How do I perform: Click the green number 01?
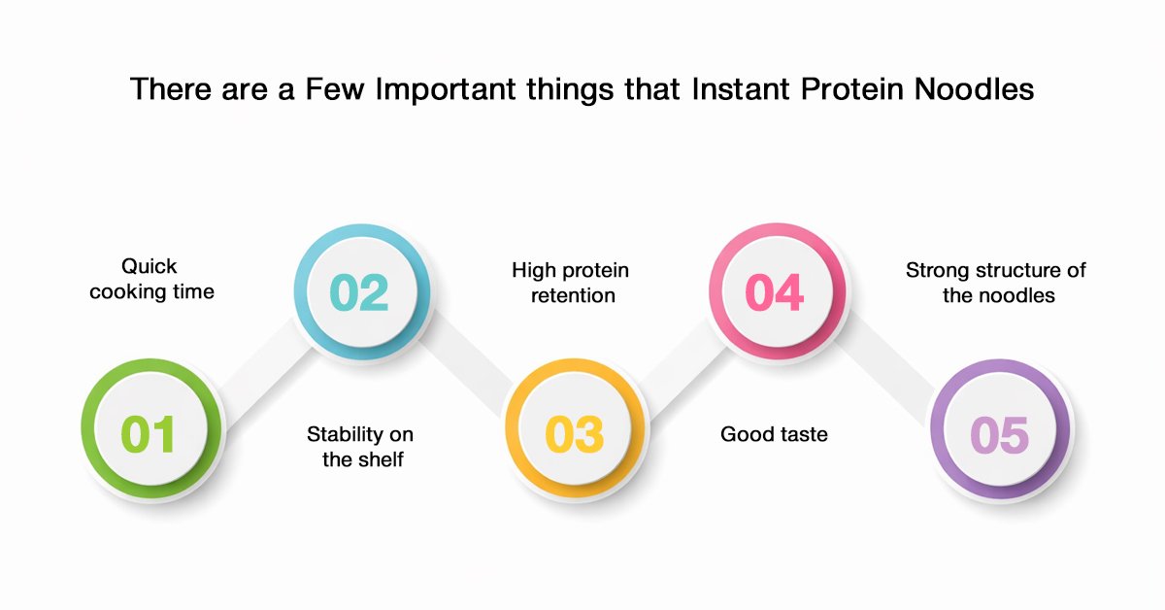pos(148,434)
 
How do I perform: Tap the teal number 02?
pos(359,292)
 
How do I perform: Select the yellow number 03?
pos(574,434)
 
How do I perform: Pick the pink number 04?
pos(775,292)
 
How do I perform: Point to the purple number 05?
pos(999,434)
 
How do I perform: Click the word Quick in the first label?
pos(150,266)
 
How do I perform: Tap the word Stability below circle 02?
pos(345,434)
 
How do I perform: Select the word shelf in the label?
pos(382,459)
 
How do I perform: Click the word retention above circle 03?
pos(573,295)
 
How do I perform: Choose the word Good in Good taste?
pos(743,434)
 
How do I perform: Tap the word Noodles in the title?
pos(974,89)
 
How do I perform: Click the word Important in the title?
pos(446,90)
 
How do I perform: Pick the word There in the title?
pos(171,89)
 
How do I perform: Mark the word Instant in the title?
pos(741,89)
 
